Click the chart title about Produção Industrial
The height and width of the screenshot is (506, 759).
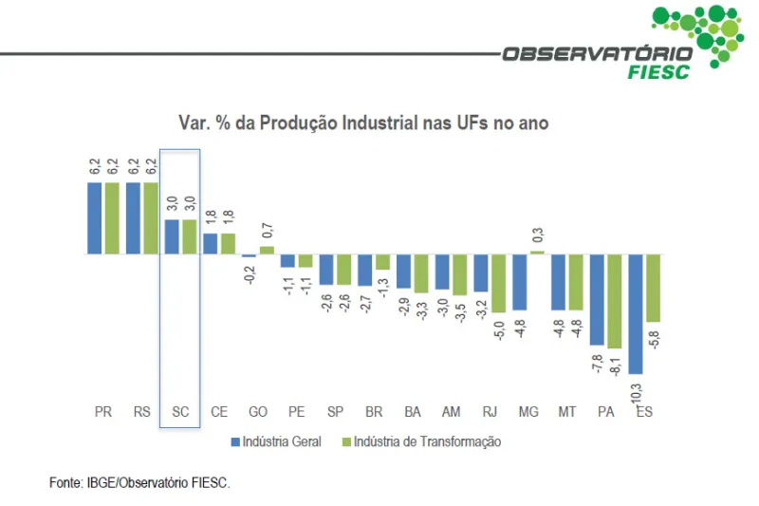363,123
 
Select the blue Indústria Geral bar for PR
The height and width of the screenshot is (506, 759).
95,218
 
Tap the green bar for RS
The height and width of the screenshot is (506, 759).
151,218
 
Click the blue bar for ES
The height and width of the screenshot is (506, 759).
636,313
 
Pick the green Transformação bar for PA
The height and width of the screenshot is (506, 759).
614,302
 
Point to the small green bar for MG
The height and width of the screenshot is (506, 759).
537,253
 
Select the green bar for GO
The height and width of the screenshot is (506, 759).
267,251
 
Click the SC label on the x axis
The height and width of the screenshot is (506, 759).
180,413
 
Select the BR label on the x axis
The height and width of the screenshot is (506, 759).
374,413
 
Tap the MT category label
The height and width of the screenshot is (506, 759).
567,413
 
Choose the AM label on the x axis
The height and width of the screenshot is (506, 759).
451,413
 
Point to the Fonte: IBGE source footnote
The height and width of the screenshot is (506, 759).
139,483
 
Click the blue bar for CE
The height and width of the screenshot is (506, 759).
211,244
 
